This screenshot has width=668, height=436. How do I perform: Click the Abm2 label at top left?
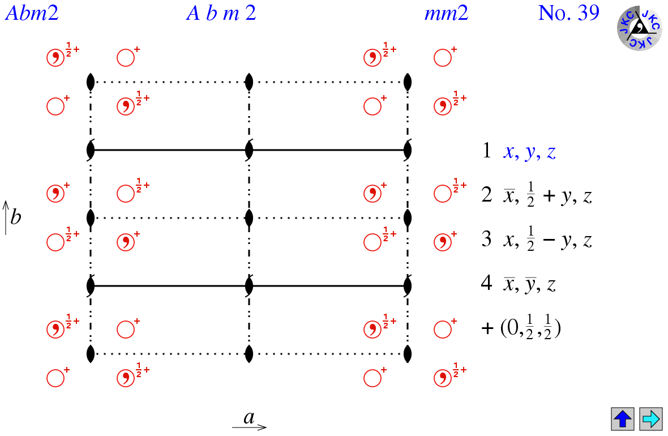pyautogui.click(x=32, y=12)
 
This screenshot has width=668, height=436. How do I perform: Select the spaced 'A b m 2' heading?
pyautogui.click(x=221, y=12)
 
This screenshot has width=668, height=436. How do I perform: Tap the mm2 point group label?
pyautogui.click(x=447, y=12)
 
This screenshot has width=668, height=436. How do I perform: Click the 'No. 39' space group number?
pyautogui.click(x=568, y=12)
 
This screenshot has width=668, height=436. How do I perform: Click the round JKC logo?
pyautogui.click(x=639, y=27)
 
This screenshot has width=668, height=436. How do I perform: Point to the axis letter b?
pyautogui.click(x=16, y=217)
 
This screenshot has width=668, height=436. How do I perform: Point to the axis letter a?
pyautogui.click(x=249, y=418)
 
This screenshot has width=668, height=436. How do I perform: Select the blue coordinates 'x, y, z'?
pyautogui.click(x=529, y=153)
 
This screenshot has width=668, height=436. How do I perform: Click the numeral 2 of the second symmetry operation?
pyautogui.click(x=486, y=196)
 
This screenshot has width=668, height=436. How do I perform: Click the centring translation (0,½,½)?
pyautogui.click(x=530, y=328)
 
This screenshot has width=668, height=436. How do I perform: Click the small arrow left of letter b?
pyautogui.click(x=5, y=217)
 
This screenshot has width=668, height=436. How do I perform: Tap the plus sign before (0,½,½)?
pyautogui.click(x=487, y=328)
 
